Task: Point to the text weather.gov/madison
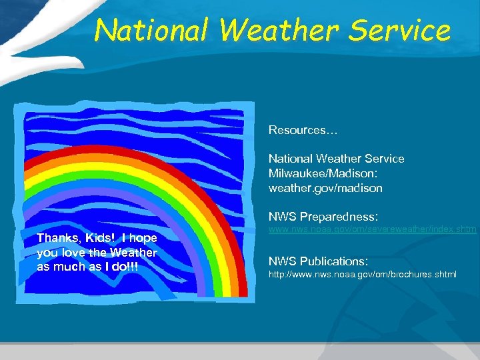click(x=325, y=188)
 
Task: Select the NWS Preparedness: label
click(x=323, y=217)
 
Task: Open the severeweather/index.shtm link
click(x=372, y=230)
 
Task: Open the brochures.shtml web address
click(x=362, y=275)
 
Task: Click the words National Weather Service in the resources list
click(x=336, y=159)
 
